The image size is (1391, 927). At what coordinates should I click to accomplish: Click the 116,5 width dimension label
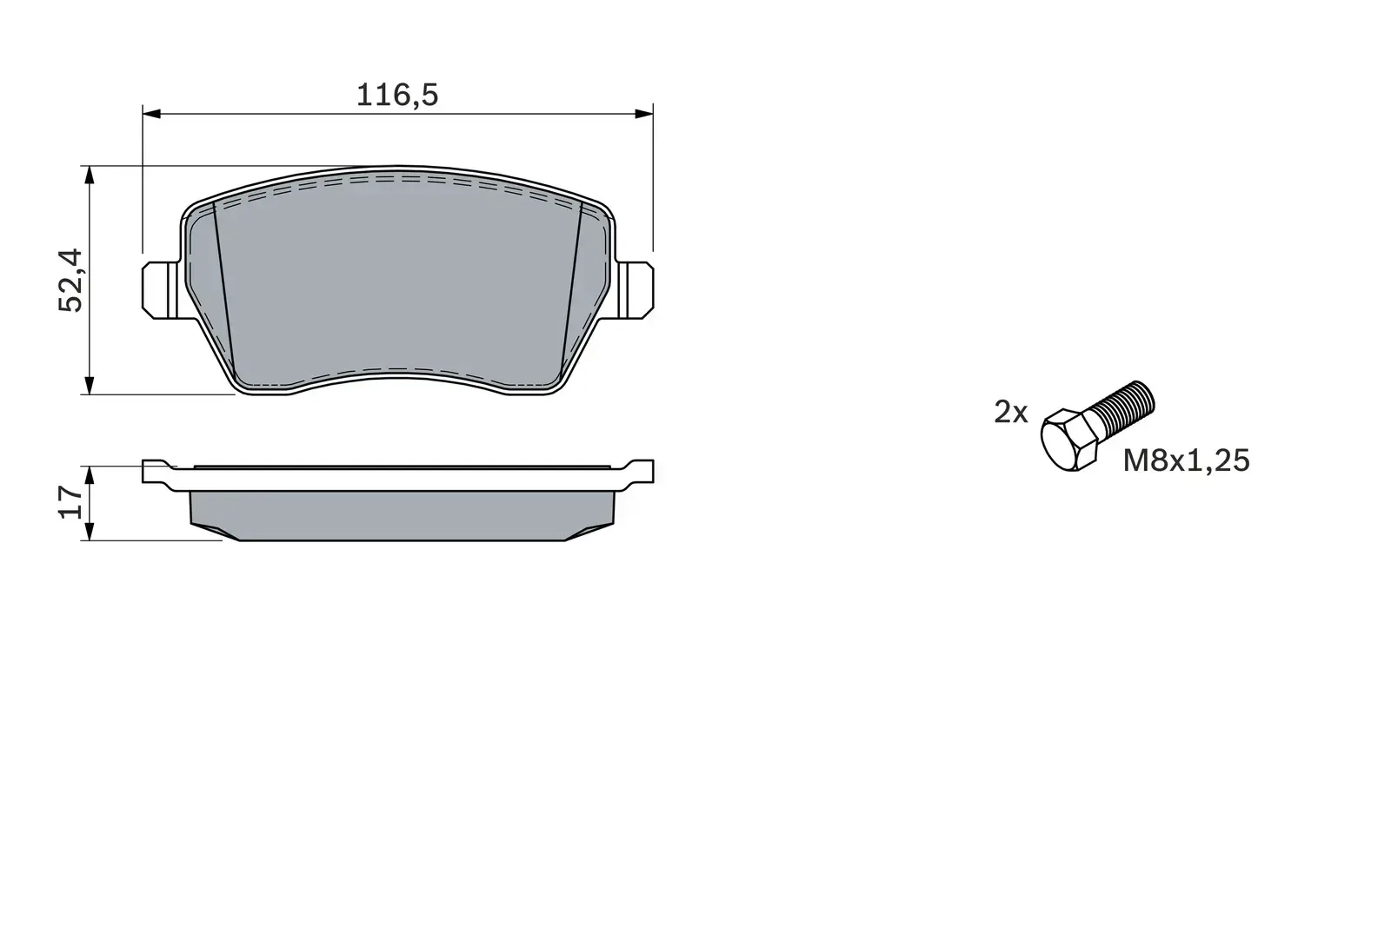[x=397, y=95]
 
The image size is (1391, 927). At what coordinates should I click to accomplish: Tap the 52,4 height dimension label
[x=70, y=280]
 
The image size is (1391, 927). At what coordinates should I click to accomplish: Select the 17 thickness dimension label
[x=70, y=502]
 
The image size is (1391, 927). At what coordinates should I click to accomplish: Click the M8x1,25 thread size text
[x=1186, y=460]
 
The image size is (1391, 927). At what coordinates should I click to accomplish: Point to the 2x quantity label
[x=1010, y=412]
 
